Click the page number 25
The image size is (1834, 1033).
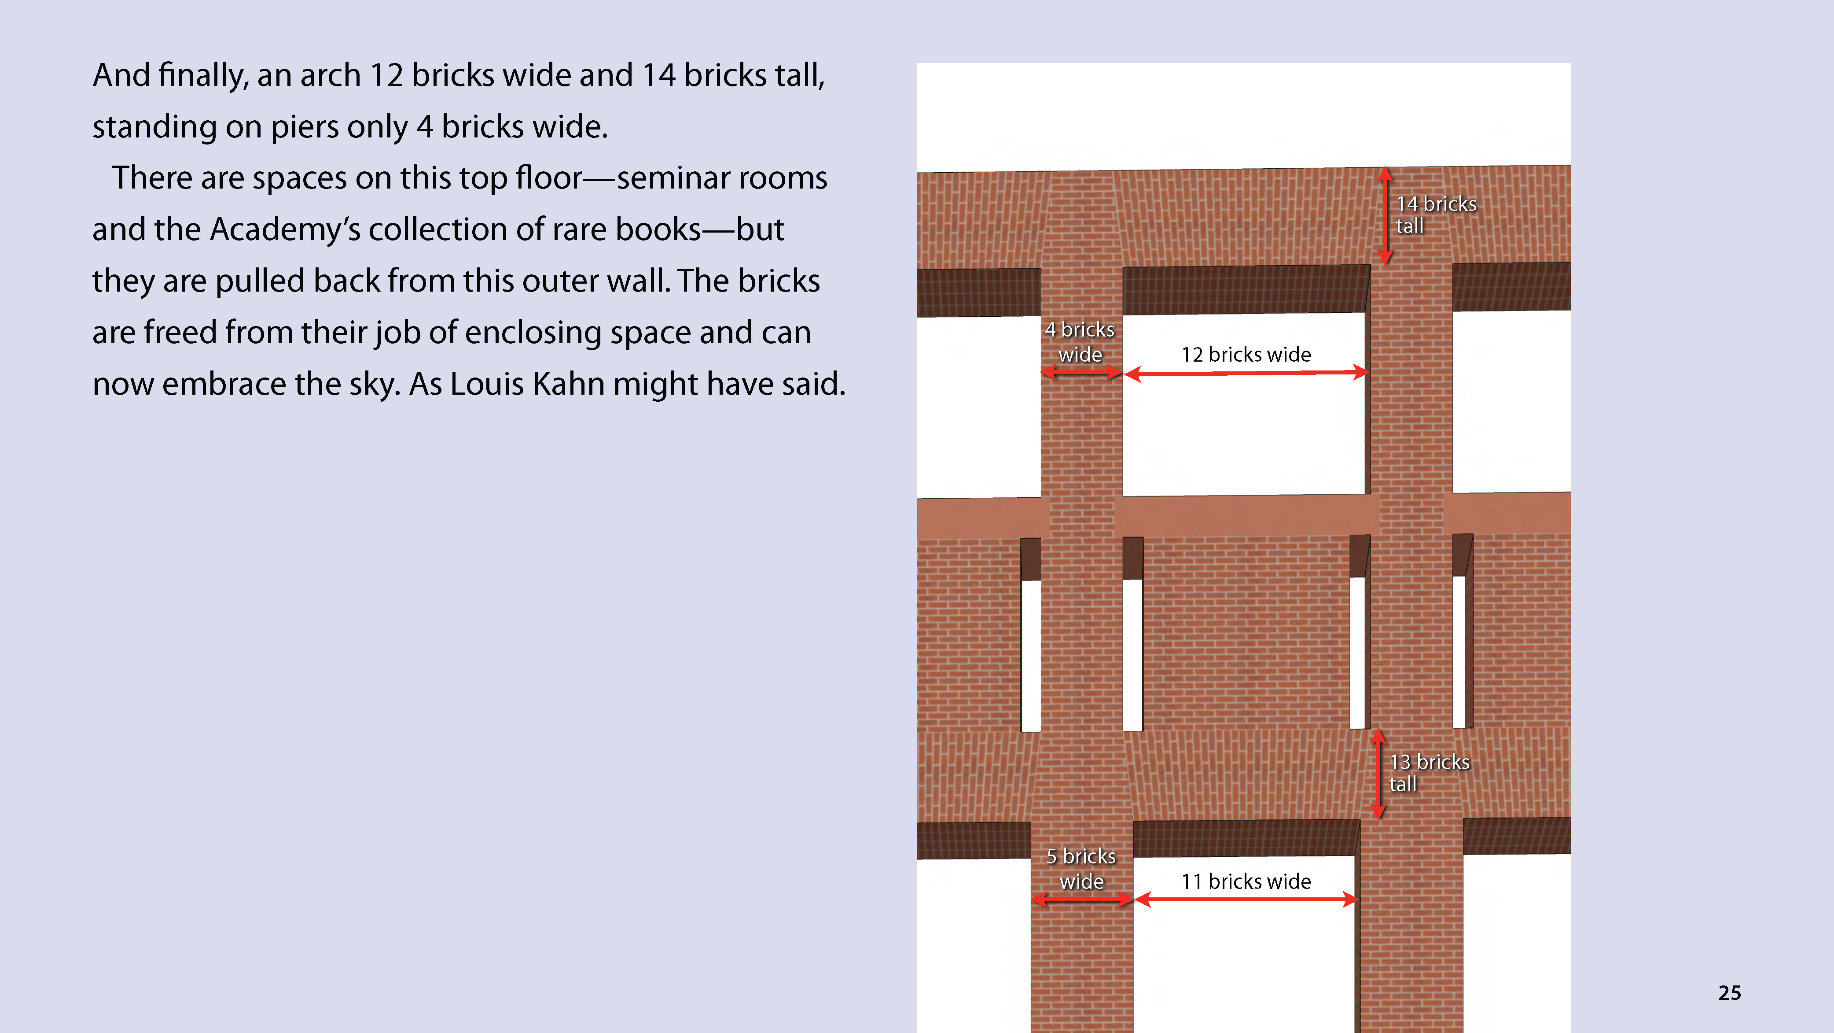pos(1729,992)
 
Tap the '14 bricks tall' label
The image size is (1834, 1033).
pos(1435,215)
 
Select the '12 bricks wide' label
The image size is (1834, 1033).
pos(1246,354)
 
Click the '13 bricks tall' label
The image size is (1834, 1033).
pos(1429,773)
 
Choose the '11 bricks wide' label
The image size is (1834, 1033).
pos(1246,881)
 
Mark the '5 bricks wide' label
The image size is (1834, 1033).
pos(1081,868)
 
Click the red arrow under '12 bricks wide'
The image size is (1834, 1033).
pos(1246,373)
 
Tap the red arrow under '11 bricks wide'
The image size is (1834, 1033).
pos(1246,900)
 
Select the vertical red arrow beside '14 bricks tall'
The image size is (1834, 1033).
pos(1385,216)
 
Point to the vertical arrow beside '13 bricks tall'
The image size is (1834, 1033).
pos(1378,774)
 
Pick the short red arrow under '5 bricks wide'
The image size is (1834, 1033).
pos(1082,900)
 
